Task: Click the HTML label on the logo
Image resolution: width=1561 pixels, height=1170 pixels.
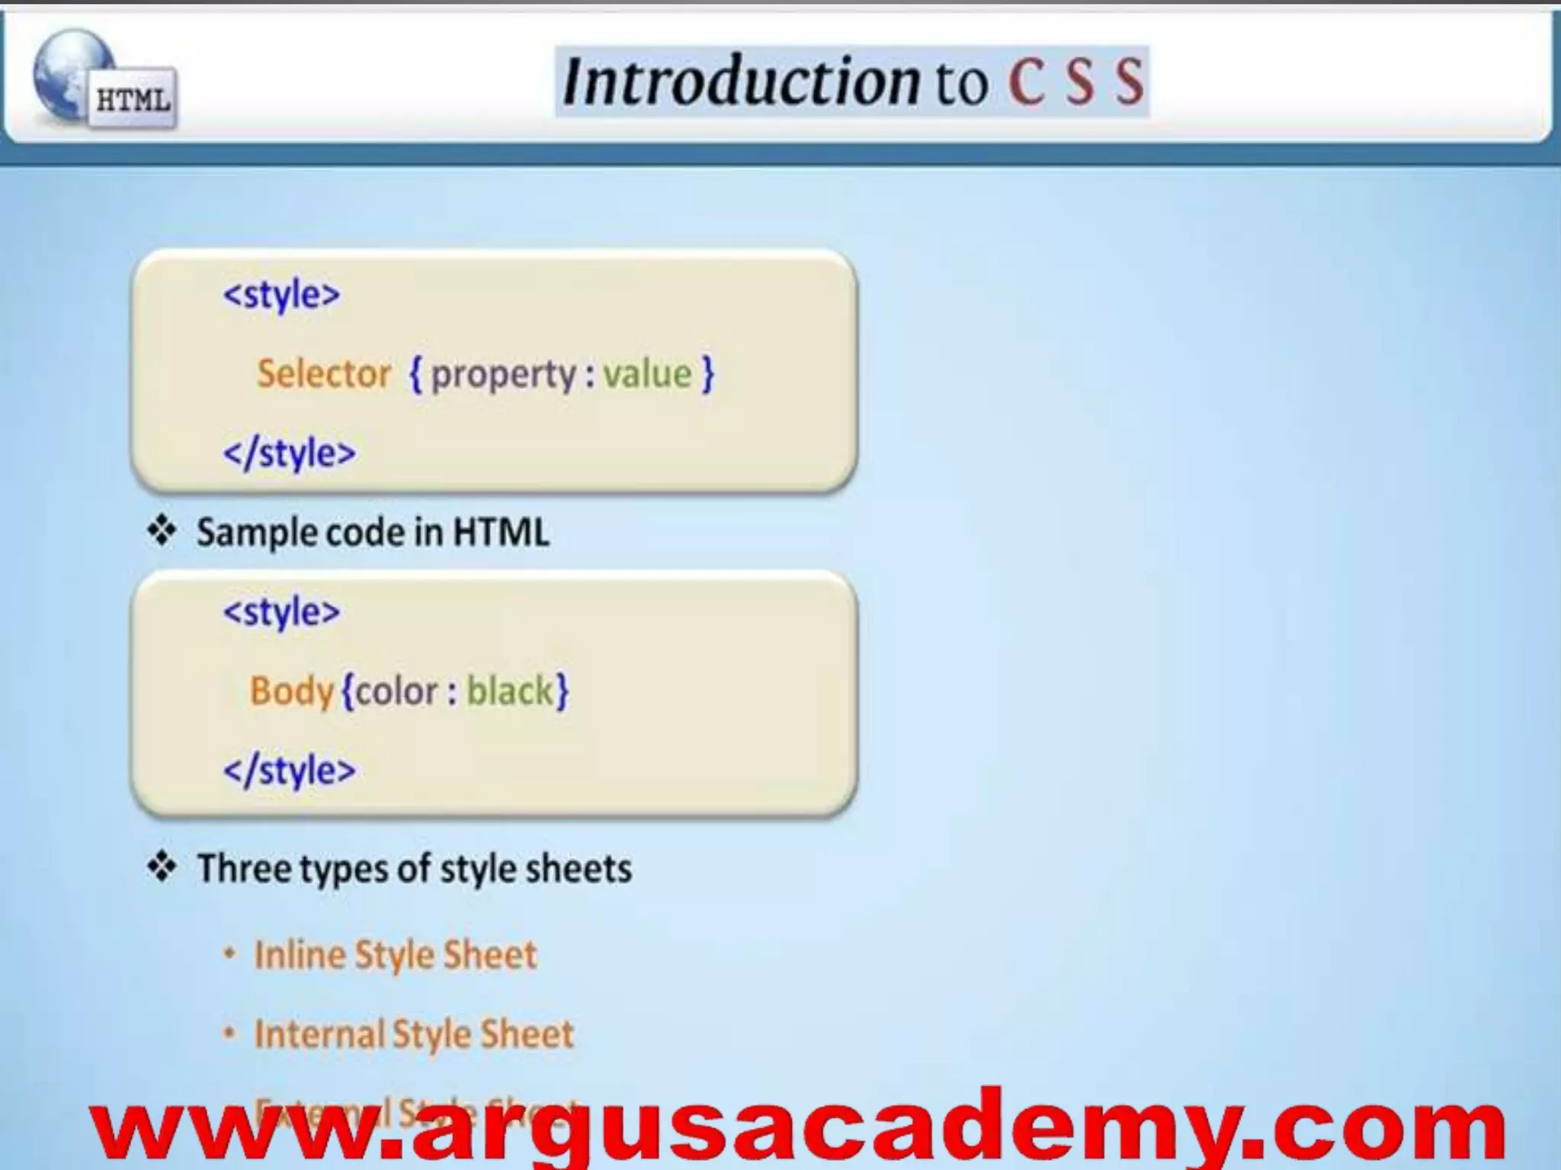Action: pyautogui.click(x=133, y=100)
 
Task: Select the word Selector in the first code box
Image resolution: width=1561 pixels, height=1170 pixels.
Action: pyautogui.click(x=324, y=374)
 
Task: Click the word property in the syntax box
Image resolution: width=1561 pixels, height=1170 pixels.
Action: pyautogui.click(x=504, y=375)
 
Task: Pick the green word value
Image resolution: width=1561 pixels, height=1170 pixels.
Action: pyautogui.click(x=647, y=374)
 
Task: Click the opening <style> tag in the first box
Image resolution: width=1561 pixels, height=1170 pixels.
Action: pyautogui.click(x=281, y=295)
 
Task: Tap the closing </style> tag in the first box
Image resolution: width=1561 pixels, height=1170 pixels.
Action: pyautogui.click(x=289, y=453)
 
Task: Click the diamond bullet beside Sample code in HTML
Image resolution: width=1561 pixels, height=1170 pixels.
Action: pyautogui.click(x=162, y=530)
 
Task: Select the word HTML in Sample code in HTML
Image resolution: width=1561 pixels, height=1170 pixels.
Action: pyautogui.click(x=501, y=532)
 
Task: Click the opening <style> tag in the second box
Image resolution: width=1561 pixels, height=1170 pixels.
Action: pyautogui.click(x=281, y=612)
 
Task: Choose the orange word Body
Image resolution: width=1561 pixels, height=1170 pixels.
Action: pyautogui.click(x=292, y=692)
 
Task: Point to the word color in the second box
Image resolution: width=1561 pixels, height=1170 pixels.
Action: pyautogui.click(x=396, y=692)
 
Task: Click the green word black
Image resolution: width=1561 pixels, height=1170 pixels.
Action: pyautogui.click(x=510, y=691)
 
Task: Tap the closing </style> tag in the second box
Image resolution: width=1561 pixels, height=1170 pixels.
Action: pyautogui.click(x=289, y=770)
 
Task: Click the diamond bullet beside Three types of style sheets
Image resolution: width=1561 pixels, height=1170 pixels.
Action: pyautogui.click(x=162, y=867)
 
